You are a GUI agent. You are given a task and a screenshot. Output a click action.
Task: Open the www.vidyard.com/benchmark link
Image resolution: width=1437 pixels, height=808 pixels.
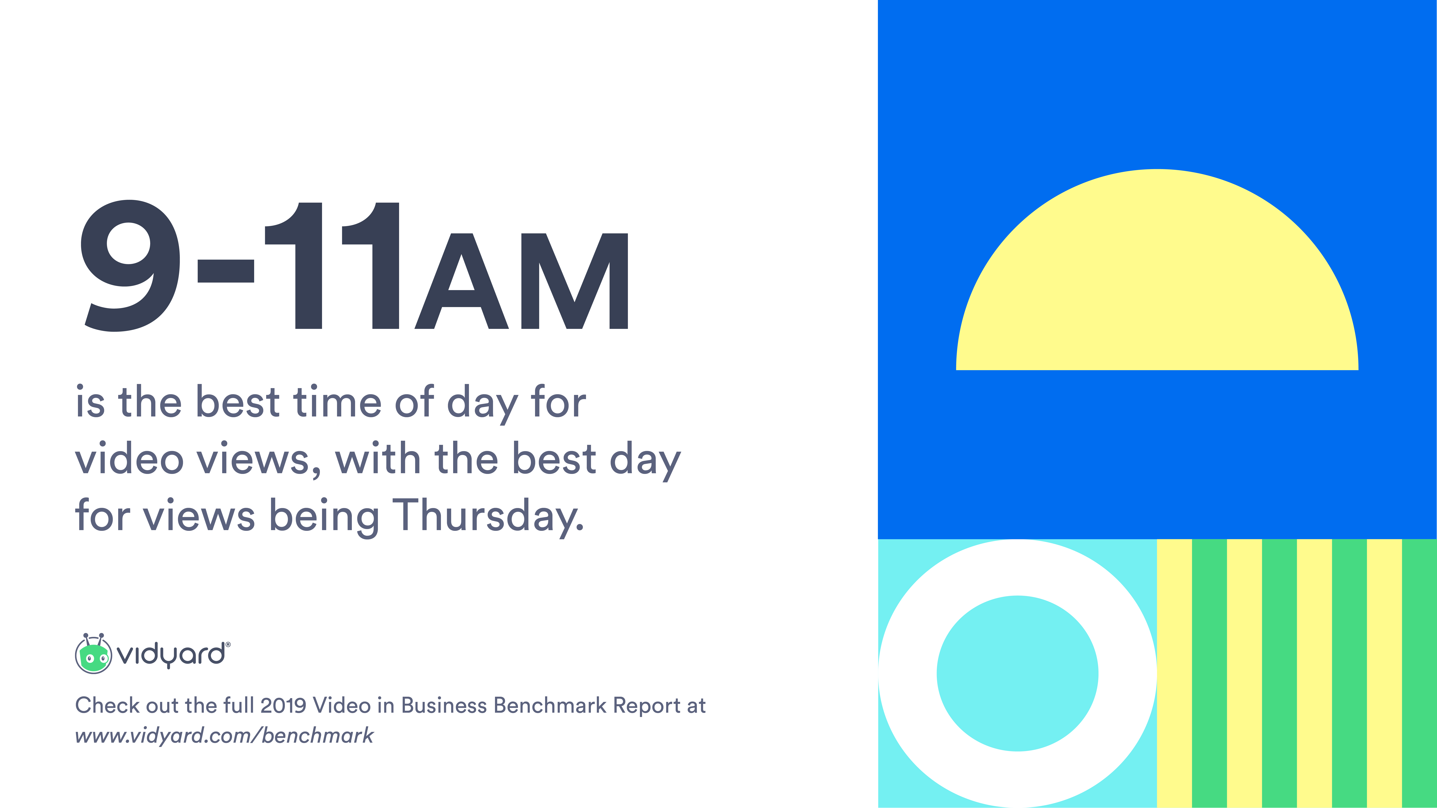click(x=224, y=735)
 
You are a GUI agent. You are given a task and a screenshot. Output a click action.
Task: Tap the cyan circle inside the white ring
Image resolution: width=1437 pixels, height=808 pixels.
click(x=1017, y=674)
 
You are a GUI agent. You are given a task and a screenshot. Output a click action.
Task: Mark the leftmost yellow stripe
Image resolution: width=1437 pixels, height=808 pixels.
click(x=1174, y=674)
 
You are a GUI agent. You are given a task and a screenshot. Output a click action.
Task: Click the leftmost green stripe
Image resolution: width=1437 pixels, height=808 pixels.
click(x=1209, y=674)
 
